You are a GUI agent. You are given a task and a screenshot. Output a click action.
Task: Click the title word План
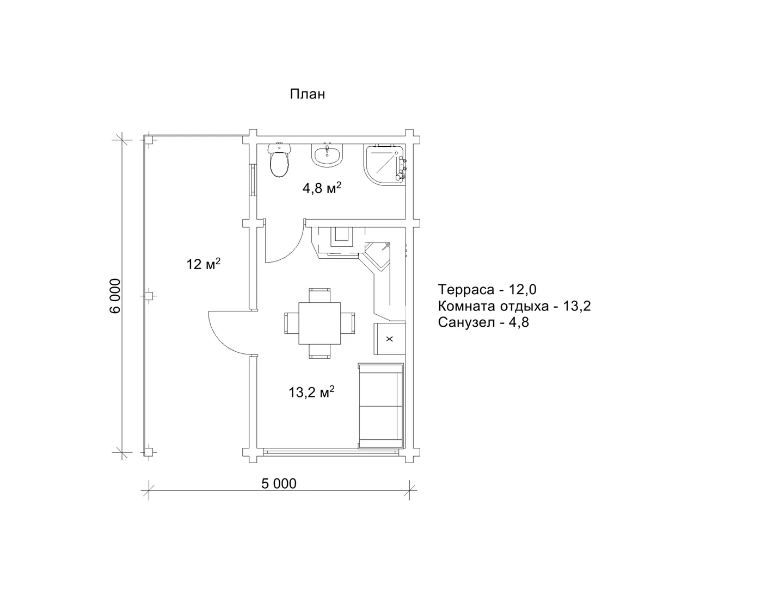coord(307,94)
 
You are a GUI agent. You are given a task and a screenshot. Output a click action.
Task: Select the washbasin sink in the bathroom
coord(327,155)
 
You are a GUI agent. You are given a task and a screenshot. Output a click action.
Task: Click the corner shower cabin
coord(385,164)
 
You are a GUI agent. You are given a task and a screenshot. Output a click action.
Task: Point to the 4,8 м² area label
coord(322,188)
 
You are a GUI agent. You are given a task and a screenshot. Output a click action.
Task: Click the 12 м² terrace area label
coord(204,264)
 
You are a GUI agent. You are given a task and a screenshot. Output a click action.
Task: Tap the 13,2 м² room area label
coord(311,392)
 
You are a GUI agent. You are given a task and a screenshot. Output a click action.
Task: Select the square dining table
coord(320,323)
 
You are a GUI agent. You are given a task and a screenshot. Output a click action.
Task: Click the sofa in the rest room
coord(381,406)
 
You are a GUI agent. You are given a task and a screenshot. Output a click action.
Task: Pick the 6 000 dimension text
coord(115,296)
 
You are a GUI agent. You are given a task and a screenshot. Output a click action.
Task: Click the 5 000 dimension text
coord(279,484)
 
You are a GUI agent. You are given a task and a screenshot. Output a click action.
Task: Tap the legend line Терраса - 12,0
coord(487,289)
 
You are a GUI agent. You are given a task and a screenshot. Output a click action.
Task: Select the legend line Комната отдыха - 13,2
coord(514,306)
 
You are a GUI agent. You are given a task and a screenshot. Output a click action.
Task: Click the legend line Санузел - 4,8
coord(483,322)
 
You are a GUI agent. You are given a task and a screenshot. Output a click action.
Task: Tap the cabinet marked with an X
coord(389,339)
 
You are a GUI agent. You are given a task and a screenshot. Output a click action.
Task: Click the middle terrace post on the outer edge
coord(150,295)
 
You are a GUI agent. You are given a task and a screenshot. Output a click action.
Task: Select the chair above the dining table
coord(320,295)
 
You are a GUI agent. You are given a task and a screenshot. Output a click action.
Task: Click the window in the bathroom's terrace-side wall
coord(253,179)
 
